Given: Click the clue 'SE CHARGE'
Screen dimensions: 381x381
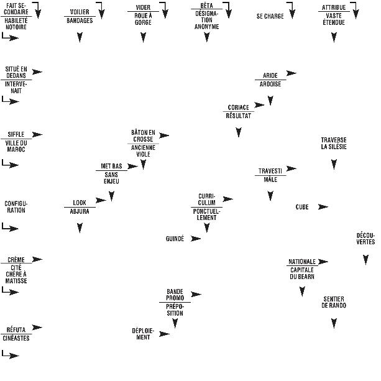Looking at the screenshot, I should click(270, 16).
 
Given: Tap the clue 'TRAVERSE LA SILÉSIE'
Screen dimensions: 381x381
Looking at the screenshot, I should click(334, 143).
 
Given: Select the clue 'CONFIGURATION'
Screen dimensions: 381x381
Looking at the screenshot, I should click(16, 207).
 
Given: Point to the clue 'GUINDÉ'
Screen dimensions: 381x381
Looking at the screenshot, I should click(175, 239).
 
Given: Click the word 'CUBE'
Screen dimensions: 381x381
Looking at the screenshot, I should click(302, 207).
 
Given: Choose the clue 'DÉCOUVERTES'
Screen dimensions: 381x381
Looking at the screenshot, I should click(365, 239).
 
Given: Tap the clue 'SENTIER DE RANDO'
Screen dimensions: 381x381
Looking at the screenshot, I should click(334, 302).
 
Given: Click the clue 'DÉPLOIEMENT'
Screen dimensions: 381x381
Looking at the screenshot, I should click(143, 334).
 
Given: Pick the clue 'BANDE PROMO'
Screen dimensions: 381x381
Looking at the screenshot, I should click(175, 294).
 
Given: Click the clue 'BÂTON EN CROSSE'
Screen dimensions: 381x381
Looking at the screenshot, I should click(143, 136).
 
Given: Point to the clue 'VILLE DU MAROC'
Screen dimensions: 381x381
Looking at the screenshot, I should click(16, 146).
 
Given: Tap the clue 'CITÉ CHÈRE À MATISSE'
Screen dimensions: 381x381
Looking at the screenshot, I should click(16, 274).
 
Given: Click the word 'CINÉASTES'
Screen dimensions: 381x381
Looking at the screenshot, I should click(16, 338).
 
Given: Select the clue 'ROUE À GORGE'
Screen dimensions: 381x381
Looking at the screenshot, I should click(143, 19).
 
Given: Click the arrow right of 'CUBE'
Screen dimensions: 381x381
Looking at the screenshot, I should click(323, 207).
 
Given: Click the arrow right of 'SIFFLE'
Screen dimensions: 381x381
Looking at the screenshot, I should click(37, 134).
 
